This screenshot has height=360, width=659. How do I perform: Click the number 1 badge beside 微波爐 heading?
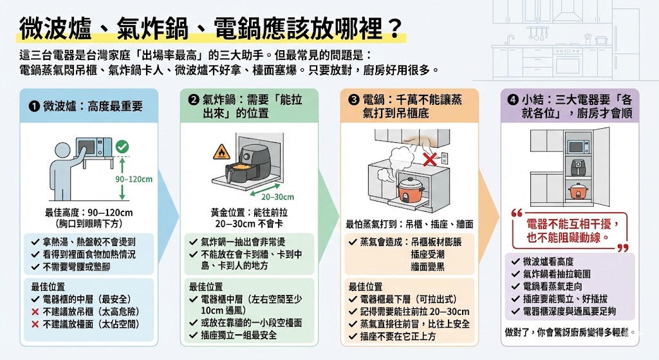click(x=34, y=106)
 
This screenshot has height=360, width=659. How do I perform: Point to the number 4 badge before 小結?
click(x=512, y=100)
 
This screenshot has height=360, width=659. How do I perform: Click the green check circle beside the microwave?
click(x=122, y=147)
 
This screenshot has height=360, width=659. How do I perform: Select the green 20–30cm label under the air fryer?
click(x=278, y=196)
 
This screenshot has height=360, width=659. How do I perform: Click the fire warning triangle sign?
click(x=219, y=154)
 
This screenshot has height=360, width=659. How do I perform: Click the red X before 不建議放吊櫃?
click(x=35, y=312)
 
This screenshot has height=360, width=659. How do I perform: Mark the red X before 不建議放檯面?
click(x=35, y=324)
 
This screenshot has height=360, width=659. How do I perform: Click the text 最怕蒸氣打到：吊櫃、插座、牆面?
click(x=409, y=225)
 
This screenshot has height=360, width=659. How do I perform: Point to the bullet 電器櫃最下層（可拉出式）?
click(x=402, y=299)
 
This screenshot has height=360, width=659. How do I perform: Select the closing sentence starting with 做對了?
click(x=570, y=332)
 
